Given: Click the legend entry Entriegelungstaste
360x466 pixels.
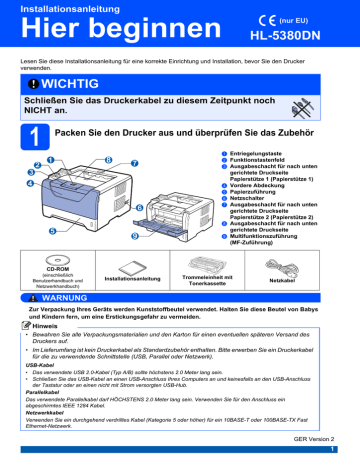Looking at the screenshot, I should [x=265, y=153].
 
